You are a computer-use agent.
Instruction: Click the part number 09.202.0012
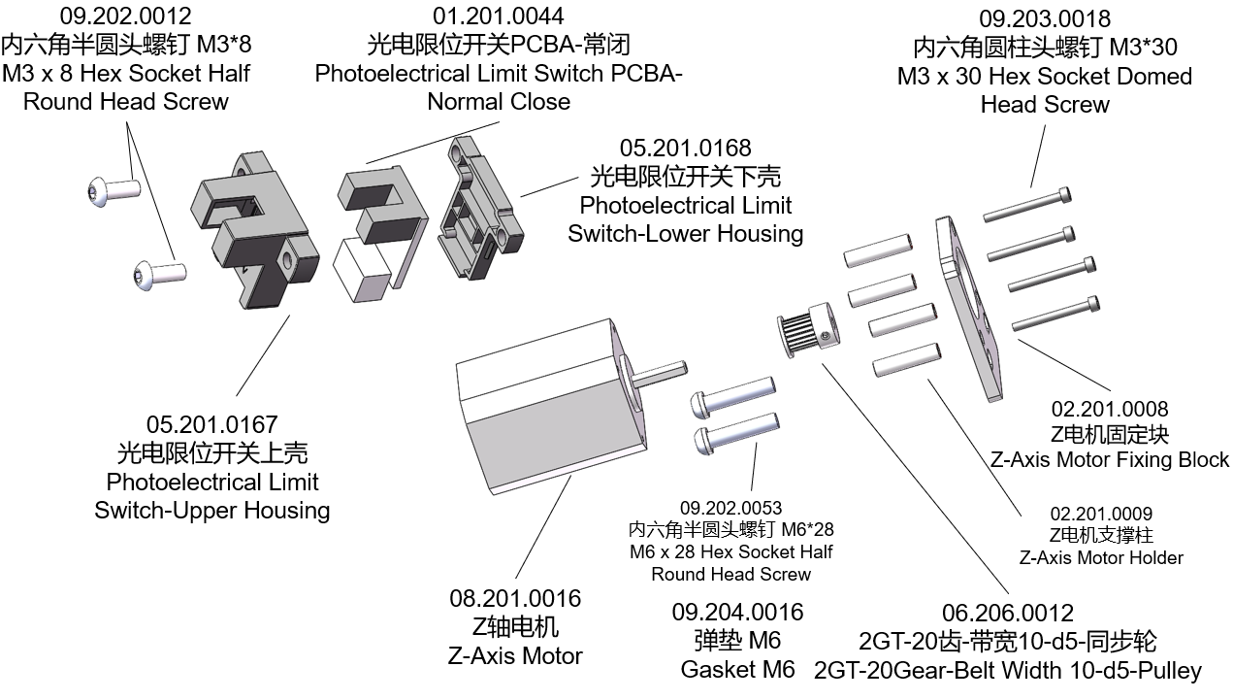click(x=126, y=16)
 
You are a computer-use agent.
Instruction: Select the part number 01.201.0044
click(x=499, y=16)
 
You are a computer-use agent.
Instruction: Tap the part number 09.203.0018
click(x=1044, y=18)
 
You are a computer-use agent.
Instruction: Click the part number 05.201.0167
click(x=211, y=424)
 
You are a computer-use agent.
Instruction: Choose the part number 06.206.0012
click(x=1008, y=613)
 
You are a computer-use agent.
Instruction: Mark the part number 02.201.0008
click(x=1110, y=409)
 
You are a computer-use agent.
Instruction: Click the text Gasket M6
click(x=737, y=669)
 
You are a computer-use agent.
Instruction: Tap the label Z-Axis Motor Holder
click(x=1100, y=557)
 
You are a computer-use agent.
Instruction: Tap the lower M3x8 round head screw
click(x=158, y=274)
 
